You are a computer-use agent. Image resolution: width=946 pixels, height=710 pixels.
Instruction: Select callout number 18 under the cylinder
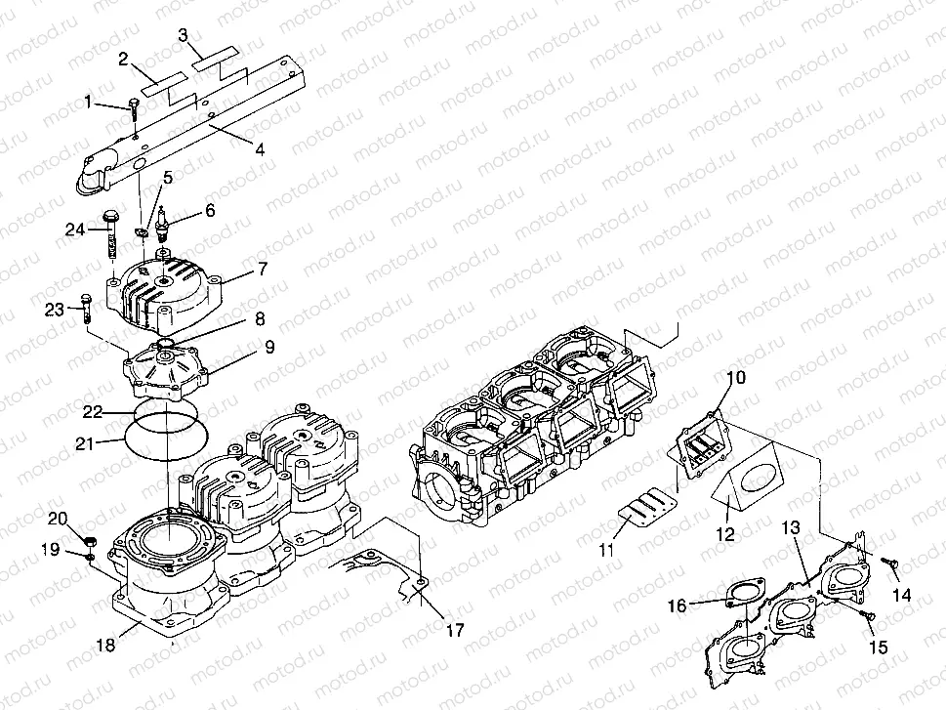[x=105, y=646]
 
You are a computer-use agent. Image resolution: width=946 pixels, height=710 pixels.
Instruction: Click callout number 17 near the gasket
[x=456, y=630]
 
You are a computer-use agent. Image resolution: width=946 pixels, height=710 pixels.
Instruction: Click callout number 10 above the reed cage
[x=736, y=377]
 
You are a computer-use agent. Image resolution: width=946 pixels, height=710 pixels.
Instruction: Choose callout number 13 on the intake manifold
[x=792, y=528]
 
